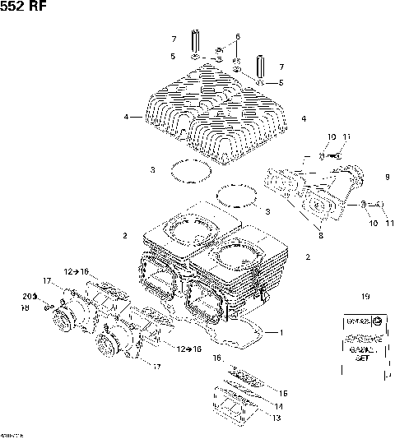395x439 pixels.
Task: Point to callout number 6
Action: click(x=237, y=37)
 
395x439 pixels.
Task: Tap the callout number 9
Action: click(x=386, y=177)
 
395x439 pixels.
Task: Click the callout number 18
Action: click(x=25, y=307)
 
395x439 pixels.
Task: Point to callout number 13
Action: click(x=276, y=418)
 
